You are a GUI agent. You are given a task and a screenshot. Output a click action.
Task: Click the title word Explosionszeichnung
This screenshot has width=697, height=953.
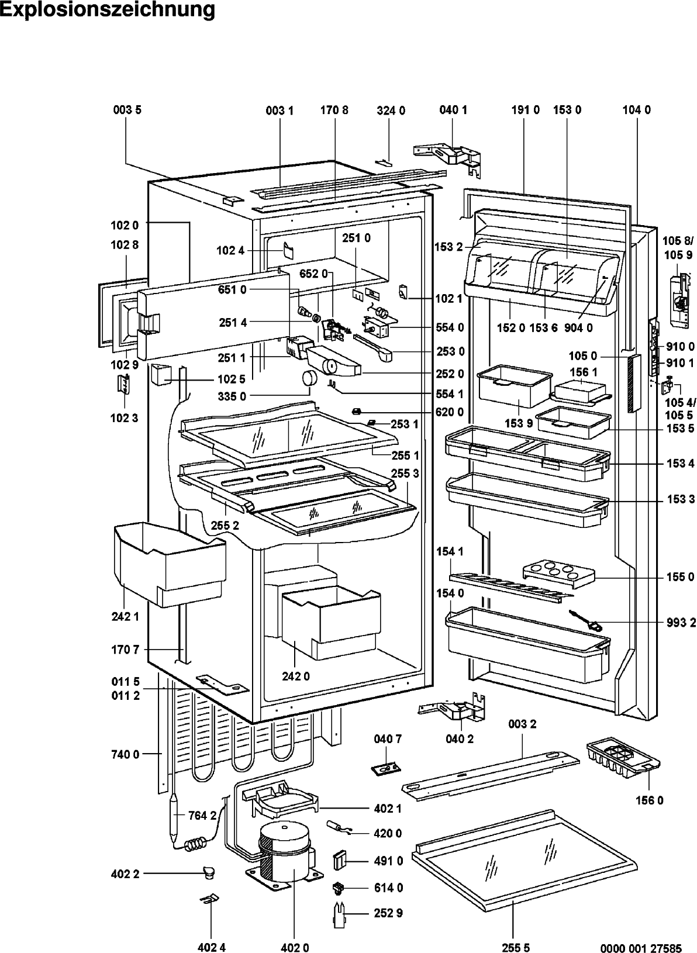coord(107,10)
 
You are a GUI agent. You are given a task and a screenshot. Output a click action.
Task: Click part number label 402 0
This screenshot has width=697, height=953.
coord(295,947)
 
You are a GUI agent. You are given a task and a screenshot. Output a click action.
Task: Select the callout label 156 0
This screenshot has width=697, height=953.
coord(649,800)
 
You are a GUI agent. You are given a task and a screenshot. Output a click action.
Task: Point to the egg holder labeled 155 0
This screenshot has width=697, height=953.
coord(558,574)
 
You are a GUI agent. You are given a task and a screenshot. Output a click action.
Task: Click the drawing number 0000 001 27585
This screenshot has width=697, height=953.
coord(641,948)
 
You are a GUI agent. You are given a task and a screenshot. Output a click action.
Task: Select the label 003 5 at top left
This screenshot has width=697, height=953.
coord(127,110)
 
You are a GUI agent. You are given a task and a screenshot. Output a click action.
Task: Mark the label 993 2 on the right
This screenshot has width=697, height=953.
coord(681,623)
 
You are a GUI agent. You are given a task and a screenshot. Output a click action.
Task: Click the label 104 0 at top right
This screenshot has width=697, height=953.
coord(637,110)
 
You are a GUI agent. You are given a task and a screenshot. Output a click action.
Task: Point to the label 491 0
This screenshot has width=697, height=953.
coord(388,861)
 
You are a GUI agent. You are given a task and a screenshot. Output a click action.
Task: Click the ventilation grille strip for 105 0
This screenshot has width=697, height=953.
coord(634,383)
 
